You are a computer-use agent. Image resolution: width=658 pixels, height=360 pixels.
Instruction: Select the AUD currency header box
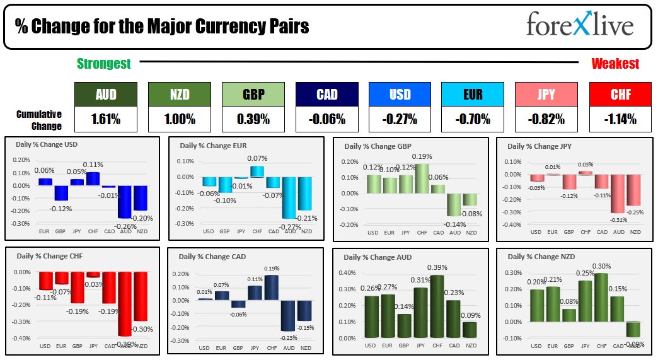pyautogui.click(x=105, y=95)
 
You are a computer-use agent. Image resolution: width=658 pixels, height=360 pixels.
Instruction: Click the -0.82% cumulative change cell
pyautogui.click(x=546, y=119)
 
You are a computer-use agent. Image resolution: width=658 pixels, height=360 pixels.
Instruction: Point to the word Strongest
pyautogui.click(x=104, y=63)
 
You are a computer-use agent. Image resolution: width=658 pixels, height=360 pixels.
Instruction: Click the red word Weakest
pyautogui.click(x=615, y=64)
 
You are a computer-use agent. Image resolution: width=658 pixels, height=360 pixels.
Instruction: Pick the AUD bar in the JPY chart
pyautogui.click(x=619, y=194)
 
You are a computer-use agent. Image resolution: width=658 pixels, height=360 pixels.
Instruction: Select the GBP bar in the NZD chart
pyautogui.click(x=569, y=315)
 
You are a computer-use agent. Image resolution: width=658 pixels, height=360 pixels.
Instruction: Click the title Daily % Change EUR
pyautogui.click(x=214, y=146)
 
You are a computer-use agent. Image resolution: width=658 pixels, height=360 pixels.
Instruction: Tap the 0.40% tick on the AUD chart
pyautogui.click(x=347, y=273)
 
